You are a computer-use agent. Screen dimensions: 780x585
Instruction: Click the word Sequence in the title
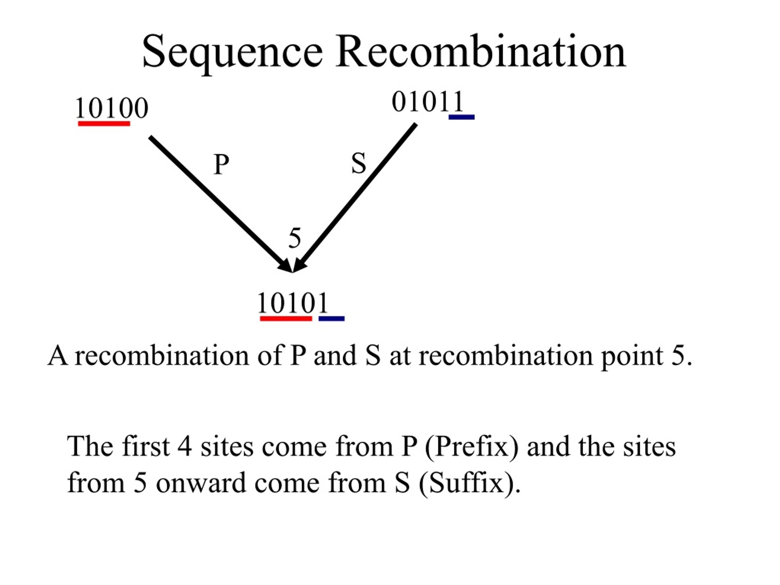[x=232, y=53]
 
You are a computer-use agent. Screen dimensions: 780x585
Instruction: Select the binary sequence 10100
[x=112, y=108]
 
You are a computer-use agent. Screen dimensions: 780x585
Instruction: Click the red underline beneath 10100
[x=104, y=123]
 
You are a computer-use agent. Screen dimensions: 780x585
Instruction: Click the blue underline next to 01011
[x=462, y=117]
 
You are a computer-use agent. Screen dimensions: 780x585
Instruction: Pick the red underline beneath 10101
[x=286, y=319]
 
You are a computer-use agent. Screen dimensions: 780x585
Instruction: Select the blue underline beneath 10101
[x=331, y=319]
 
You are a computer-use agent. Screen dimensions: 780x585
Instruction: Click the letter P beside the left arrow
[x=222, y=164]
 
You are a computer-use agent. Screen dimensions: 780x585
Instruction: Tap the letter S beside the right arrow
[x=359, y=164]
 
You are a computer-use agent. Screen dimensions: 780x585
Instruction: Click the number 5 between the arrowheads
[x=295, y=238]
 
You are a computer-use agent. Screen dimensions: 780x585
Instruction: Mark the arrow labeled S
[x=354, y=198]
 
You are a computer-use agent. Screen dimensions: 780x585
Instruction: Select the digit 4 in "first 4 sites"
[x=185, y=447]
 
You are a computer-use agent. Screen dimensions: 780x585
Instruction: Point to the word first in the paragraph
[x=145, y=446]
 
